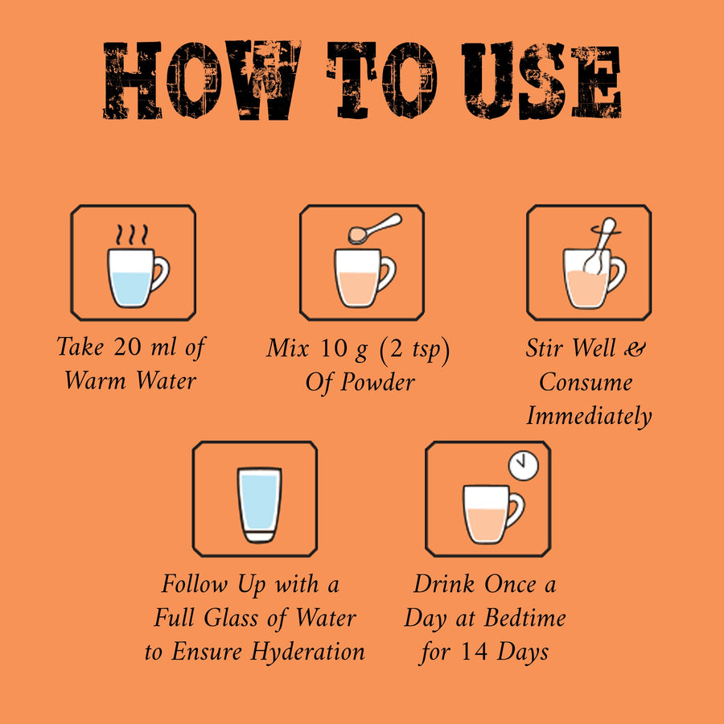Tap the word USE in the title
pos(541,80)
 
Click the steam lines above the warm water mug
pos(132,235)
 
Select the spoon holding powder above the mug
pos(375,228)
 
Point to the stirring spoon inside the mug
pos(600,246)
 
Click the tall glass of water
pos(259,504)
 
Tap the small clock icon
pos(524,466)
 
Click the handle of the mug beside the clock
pos(517,509)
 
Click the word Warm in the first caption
pos(95,381)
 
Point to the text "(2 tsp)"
pos(414,350)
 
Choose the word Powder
pos(378,383)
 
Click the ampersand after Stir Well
pos(635,348)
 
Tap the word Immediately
pos(589,416)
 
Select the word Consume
pos(586,382)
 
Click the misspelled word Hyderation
pos(307,652)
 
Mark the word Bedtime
pos(525,618)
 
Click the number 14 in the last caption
pos(474,651)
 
